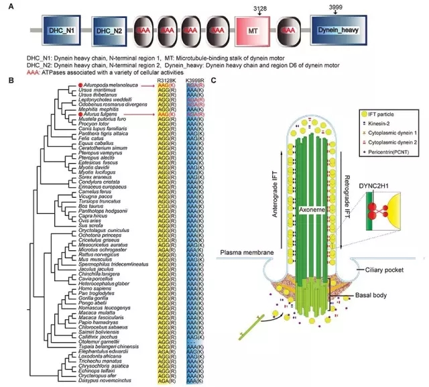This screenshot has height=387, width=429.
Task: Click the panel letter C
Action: (x=214, y=82)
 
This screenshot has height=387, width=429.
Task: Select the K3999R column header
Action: (x=196, y=82)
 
